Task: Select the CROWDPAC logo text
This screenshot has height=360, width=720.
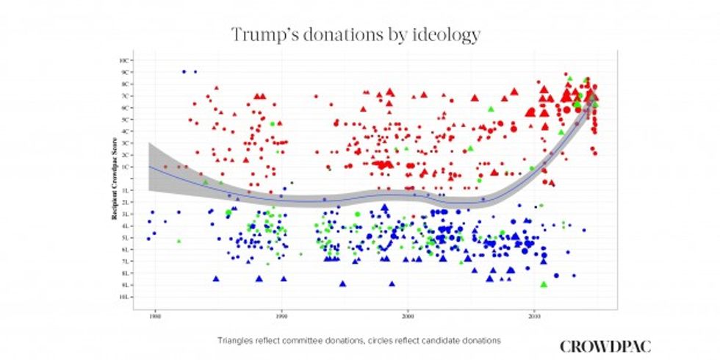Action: point(605,346)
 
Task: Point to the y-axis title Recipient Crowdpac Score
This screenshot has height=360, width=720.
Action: point(115,179)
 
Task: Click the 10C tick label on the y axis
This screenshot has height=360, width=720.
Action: point(126,60)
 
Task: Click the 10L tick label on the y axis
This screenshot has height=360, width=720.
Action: point(126,297)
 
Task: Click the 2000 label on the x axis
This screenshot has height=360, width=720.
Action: point(408,317)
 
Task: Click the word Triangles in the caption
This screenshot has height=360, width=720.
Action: point(234,341)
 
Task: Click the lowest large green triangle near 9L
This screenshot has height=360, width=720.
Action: point(544,284)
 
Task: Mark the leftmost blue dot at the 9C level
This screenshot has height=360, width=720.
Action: point(184,71)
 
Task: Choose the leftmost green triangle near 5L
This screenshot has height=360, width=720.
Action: point(179,240)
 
